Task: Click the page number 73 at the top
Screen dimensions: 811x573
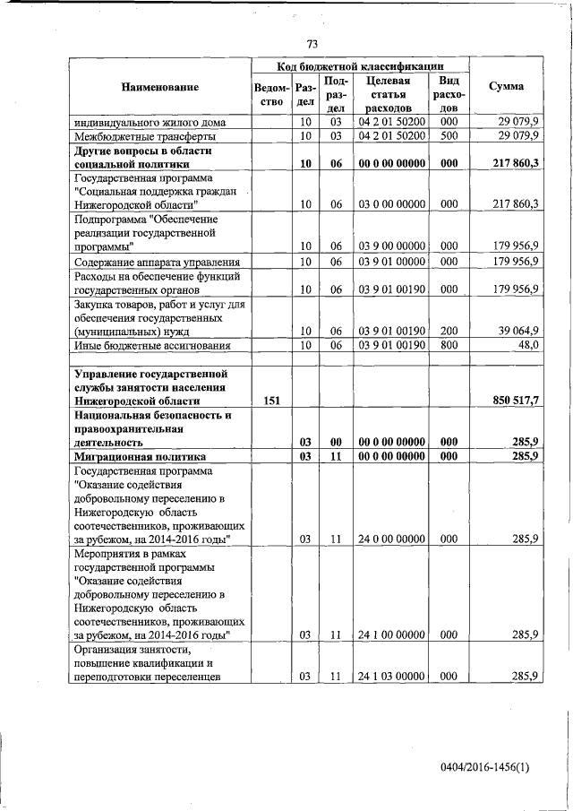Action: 312,44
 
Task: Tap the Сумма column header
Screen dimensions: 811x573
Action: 507,87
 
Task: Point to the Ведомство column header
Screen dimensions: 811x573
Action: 271,95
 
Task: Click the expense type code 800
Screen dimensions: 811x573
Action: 449,345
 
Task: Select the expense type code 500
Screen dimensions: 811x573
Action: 449,135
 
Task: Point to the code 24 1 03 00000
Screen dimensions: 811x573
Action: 391,677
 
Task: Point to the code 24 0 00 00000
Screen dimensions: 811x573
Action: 391,539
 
